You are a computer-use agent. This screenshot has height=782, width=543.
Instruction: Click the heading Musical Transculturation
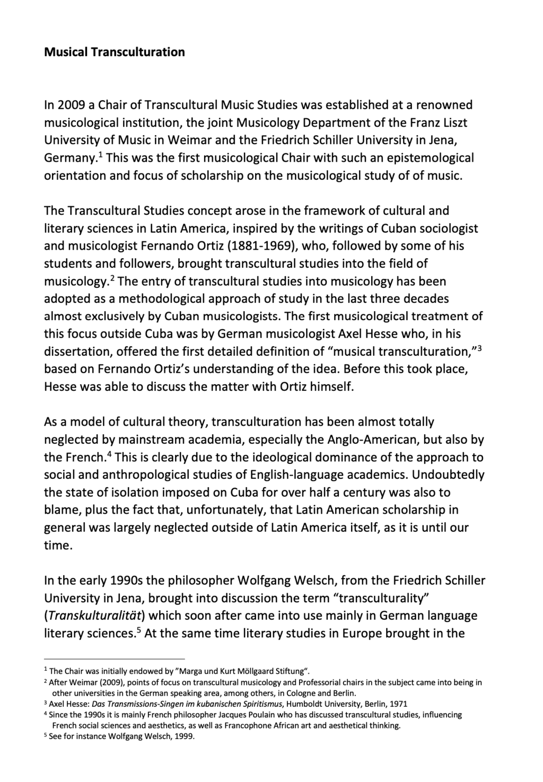(x=114, y=52)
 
